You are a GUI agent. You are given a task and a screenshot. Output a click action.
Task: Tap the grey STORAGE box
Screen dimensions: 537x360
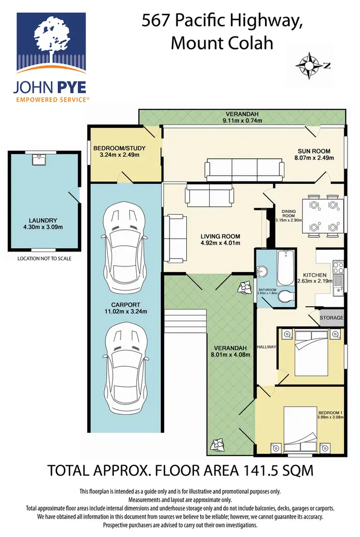tap(332, 318)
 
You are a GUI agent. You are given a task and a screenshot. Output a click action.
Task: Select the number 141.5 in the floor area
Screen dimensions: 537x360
tap(258, 470)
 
